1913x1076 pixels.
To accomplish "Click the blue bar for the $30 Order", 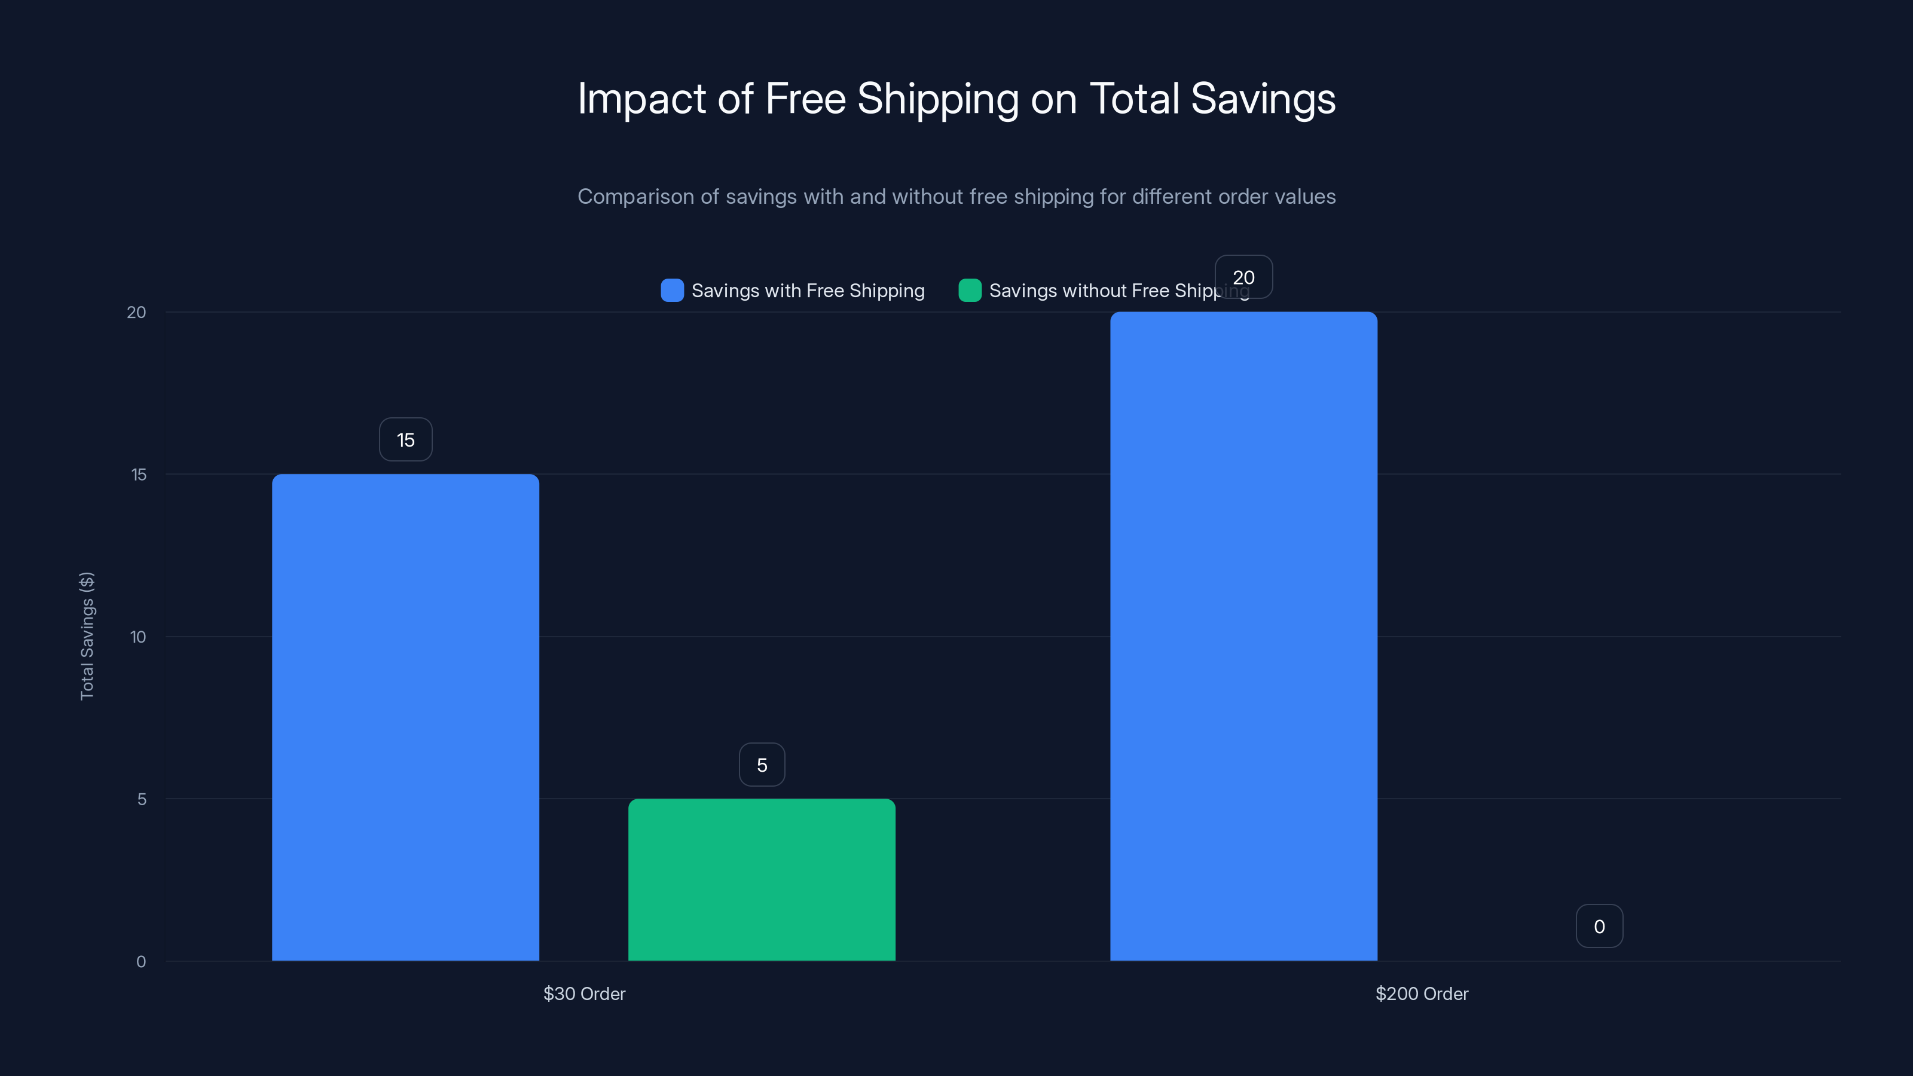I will (x=405, y=717).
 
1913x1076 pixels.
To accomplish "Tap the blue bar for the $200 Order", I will (x=1243, y=635).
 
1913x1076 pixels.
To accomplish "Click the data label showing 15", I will (x=405, y=439).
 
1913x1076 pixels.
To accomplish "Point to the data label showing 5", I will (x=762, y=765).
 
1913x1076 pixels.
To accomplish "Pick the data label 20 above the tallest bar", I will (x=1243, y=277).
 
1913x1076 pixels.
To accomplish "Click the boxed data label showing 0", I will (x=1599, y=926).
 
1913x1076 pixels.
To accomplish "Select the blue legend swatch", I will (x=672, y=291).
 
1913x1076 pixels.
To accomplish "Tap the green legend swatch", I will (x=970, y=291).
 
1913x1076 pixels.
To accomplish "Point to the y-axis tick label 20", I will (x=137, y=312).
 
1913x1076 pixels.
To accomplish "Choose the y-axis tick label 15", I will (x=139, y=475).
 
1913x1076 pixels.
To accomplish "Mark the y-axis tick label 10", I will (x=138, y=637).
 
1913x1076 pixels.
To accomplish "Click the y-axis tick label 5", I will (x=142, y=799).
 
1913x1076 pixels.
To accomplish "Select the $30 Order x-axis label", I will (x=585, y=994).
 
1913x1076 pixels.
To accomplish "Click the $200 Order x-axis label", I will (x=1422, y=994).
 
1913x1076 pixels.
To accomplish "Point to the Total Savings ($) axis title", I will (x=87, y=635).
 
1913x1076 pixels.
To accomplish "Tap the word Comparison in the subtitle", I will (x=635, y=197).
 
